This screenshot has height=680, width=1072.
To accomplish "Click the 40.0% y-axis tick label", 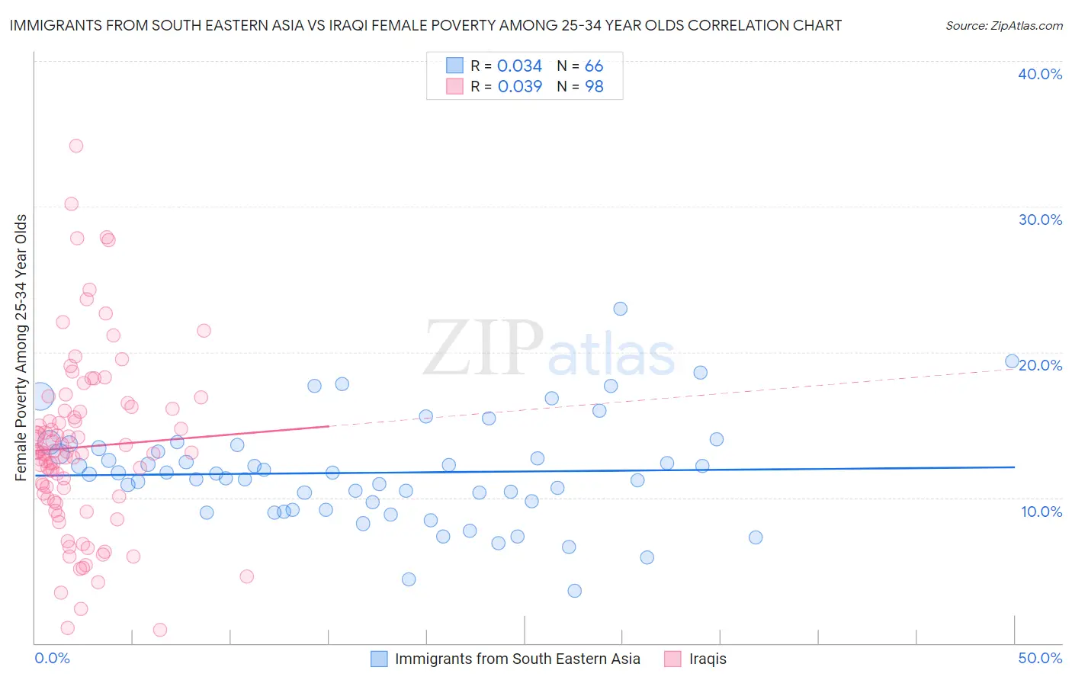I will click(x=1040, y=74).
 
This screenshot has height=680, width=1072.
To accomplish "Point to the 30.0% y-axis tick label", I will click(x=1040, y=220).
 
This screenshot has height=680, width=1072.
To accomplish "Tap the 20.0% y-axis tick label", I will click(x=1040, y=365).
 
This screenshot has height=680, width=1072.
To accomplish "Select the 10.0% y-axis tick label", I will click(x=1042, y=512).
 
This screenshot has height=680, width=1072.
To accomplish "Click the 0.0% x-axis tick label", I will click(x=52, y=658).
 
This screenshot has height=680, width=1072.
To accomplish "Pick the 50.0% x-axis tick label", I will click(x=1040, y=658).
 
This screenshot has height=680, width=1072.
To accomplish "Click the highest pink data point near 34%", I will click(x=76, y=146).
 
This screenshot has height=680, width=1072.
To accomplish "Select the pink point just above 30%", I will click(x=72, y=204).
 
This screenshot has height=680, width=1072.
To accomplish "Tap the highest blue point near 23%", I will click(x=621, y=309).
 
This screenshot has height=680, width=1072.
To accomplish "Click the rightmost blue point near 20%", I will click(x=1012, y=361).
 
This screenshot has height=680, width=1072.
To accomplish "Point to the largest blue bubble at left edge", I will click(x=40, y=397).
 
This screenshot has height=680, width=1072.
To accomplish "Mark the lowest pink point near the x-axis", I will click(x=160, y=630).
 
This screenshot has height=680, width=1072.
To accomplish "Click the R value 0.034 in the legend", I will click(x=519, y=66).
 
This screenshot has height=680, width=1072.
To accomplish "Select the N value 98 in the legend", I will click(x=594, y=87).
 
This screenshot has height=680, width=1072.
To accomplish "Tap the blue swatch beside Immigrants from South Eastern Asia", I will click(x=379, y=659).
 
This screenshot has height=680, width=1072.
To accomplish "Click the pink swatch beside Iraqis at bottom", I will click(x=672, y=659).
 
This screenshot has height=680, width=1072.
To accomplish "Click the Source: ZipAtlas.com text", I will click(x=1003, y=26).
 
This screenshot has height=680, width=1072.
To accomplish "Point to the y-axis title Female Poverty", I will click(x=21, y=348).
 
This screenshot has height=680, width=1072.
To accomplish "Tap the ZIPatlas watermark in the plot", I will click(x=549, y=349).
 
